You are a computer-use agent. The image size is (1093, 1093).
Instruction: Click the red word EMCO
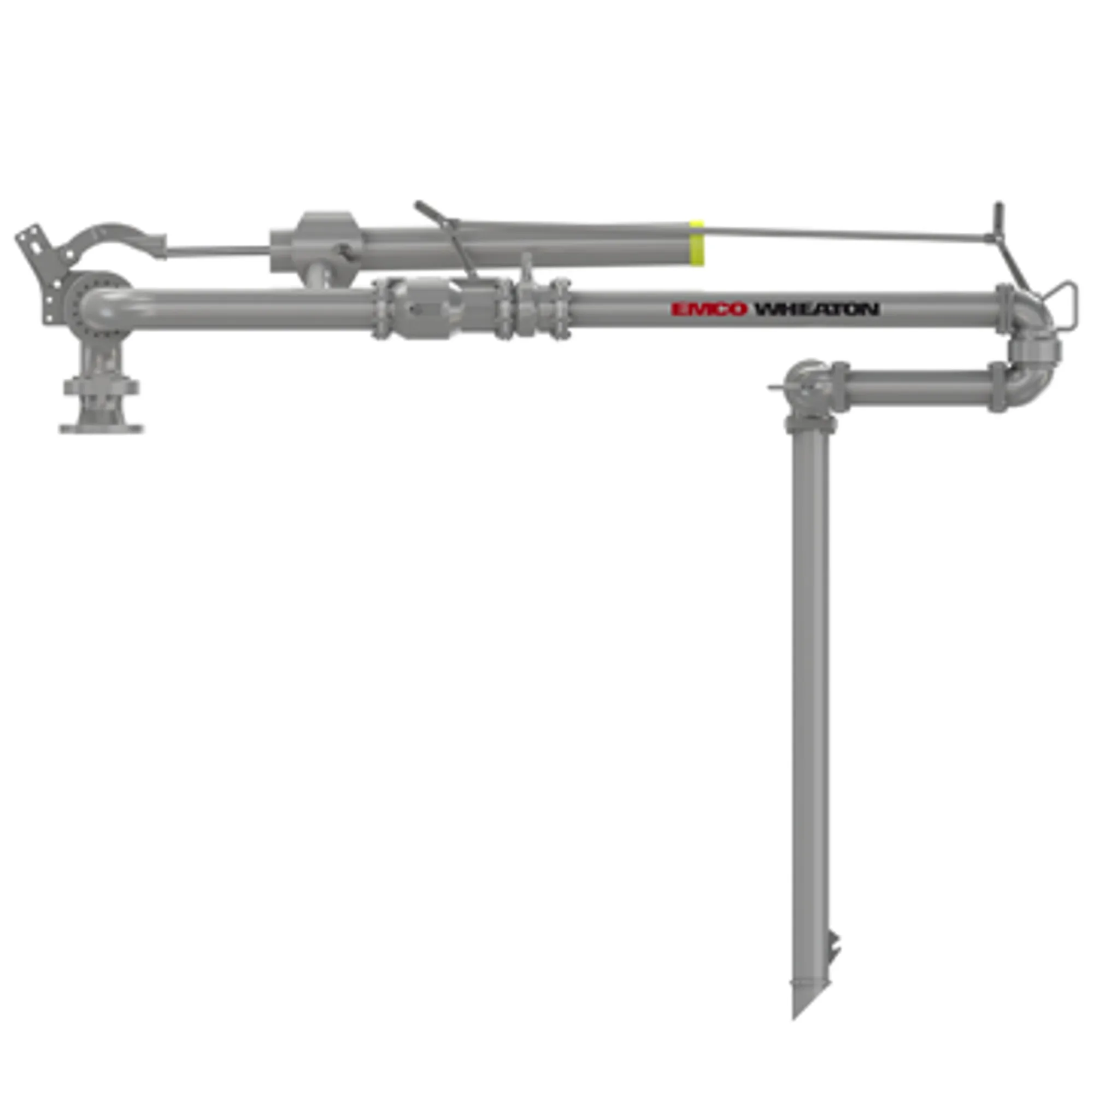coord(709,309)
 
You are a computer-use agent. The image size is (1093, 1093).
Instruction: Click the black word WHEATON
coord(816,309)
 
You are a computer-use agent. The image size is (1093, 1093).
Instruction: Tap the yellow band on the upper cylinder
coord(697,243)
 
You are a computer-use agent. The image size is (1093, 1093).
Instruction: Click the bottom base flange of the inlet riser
coord(101,429)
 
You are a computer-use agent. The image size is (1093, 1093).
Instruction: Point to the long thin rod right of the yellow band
coord(849,233)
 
